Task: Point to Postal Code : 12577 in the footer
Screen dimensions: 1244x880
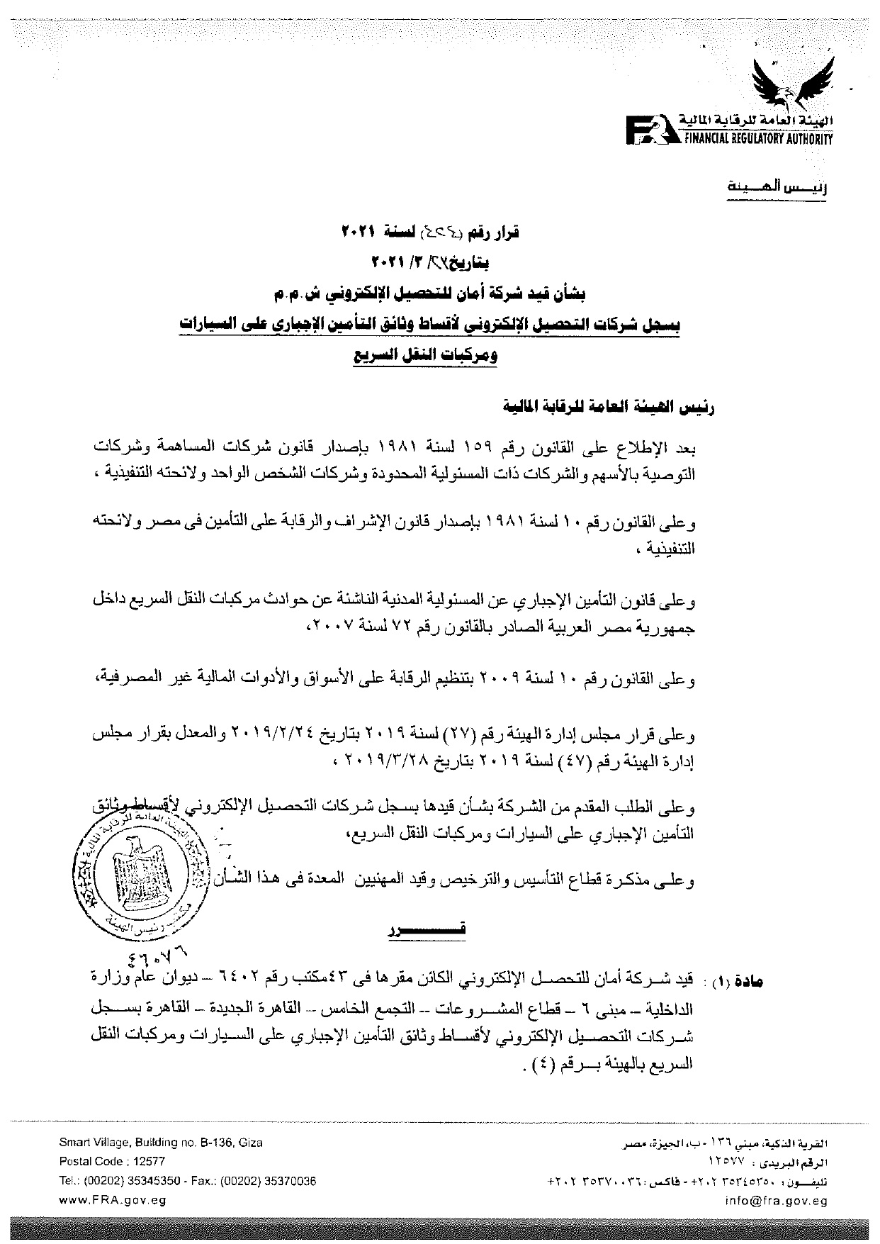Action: [x=112, y=1161]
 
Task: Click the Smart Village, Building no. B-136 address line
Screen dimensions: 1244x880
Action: [x=160, y=1143]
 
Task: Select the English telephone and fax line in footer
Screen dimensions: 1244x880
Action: [x=187, y=1181]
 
